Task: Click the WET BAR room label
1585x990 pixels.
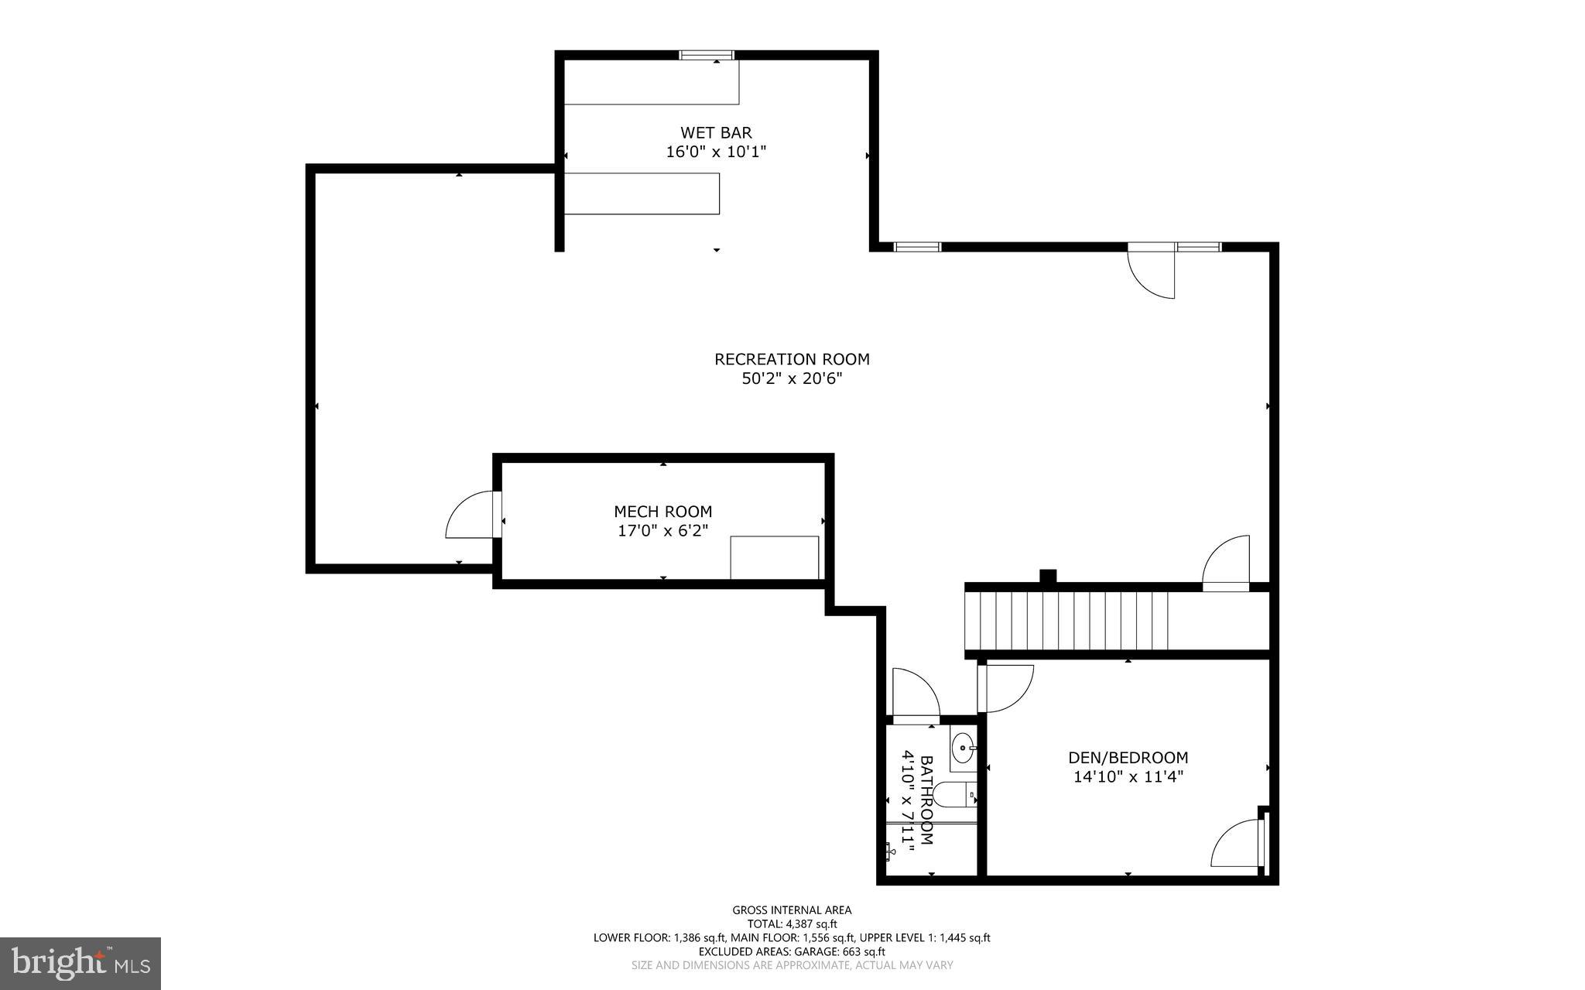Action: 716,133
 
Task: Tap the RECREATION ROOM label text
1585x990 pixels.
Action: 792,359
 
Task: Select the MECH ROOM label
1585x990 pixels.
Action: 662,512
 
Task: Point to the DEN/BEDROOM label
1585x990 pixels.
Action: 1128,758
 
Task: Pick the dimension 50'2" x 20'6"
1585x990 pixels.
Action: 792,379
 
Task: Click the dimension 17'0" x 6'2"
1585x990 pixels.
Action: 662,531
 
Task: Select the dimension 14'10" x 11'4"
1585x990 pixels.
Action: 1128,777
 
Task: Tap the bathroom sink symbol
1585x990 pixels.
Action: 963,748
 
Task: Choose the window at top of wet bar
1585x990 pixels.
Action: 706,55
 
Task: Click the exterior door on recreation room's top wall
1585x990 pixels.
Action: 1151,271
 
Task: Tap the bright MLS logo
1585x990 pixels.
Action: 80,963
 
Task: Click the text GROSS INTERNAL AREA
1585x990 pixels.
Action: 792,910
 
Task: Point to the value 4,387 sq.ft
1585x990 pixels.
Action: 812,924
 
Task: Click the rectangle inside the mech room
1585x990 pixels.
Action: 774,557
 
